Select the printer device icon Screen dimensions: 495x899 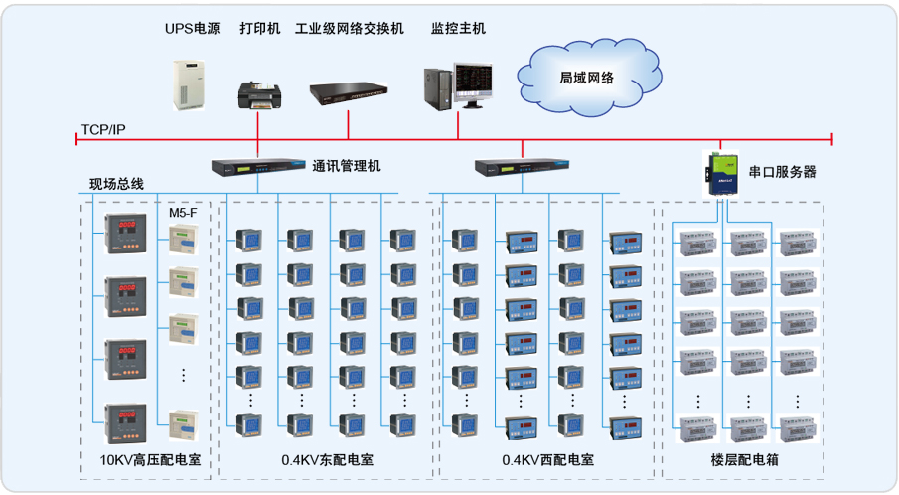pos(259,94)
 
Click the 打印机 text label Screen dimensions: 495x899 pos(260,28)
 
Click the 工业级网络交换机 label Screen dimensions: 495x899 pos(350,28)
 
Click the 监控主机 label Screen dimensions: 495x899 pos(459,28)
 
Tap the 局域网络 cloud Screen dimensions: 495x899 pos(586,77)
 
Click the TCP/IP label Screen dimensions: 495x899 pos(103,130)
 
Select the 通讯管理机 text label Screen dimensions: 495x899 pos(347,167)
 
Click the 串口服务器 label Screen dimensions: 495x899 pos(782,171)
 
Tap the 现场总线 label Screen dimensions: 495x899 pos(116,184)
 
